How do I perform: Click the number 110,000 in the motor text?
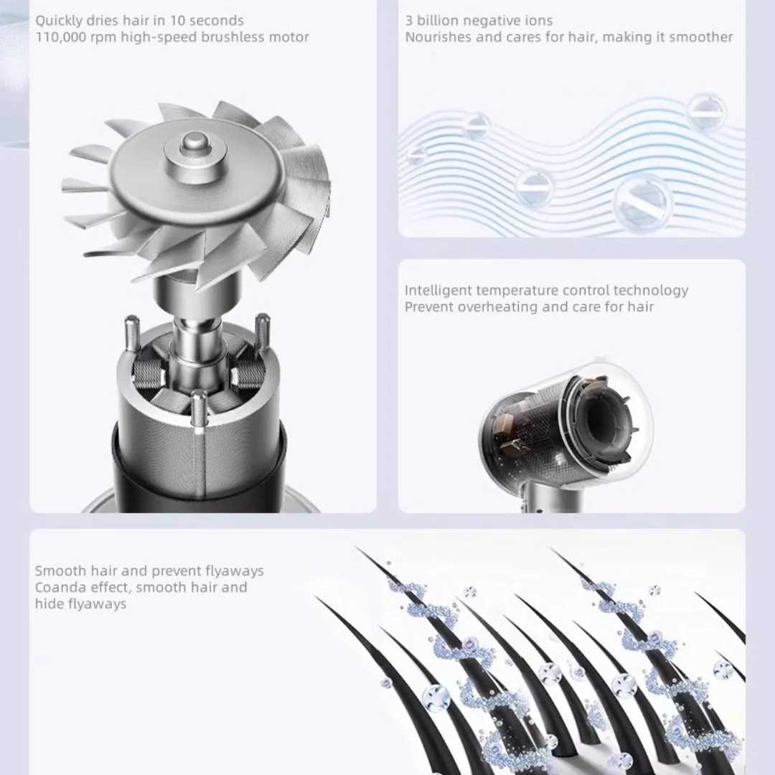(60, 37)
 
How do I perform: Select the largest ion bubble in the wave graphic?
(642, 202)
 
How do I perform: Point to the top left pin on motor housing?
(131, 334)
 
